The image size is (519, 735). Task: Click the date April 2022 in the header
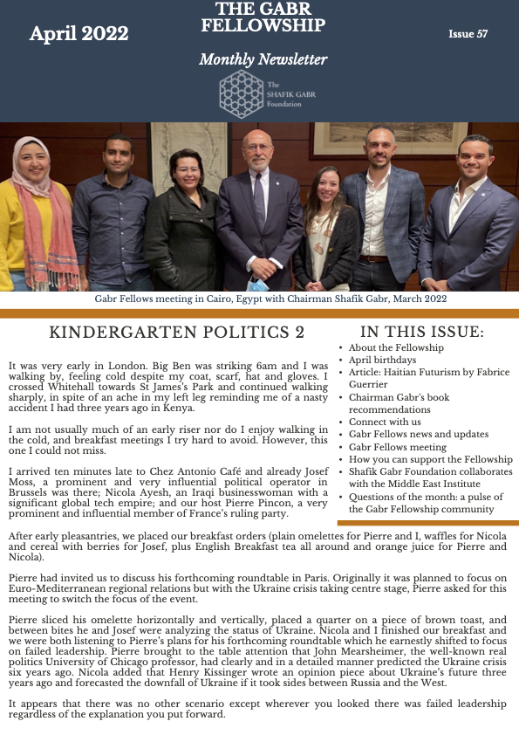79,34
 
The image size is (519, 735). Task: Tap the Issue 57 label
468,34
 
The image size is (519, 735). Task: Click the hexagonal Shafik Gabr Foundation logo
240,90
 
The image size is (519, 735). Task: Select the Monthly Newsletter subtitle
263,60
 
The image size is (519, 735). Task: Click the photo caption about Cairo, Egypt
270,299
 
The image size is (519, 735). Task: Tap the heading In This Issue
421,332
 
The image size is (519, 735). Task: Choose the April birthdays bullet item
382,360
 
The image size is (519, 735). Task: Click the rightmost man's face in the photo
475,158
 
